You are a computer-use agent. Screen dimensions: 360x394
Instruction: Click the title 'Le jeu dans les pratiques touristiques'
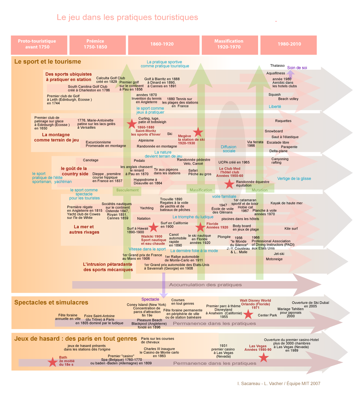tap(127, 17)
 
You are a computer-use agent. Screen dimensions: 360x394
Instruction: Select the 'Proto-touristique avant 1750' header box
tap(39, 45)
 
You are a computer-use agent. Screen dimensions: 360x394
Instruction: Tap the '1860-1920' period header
tap(164, 45)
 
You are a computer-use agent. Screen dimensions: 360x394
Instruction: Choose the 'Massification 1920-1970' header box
tap(230, 45)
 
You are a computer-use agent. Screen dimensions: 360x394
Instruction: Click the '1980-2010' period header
tap(288, 45)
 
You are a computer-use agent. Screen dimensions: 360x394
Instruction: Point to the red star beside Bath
tap(53, 362)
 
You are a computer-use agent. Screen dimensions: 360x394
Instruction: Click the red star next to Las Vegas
tap(264, 357)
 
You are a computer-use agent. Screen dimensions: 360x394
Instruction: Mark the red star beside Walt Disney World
tap(248, 314)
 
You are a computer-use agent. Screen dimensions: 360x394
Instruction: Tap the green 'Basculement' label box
tap(127, 190)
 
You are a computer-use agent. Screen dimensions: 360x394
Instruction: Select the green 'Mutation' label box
tap(260, 190)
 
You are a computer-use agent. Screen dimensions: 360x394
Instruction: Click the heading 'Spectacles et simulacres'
tap(51, 302)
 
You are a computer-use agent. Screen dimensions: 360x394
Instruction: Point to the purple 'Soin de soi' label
tap(297, 68)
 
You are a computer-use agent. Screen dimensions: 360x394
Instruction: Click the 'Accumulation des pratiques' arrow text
tap(205, 285)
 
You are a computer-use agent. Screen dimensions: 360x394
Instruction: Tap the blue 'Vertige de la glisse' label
tap(294, 178)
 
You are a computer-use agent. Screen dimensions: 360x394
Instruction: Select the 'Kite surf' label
tap(291, 228)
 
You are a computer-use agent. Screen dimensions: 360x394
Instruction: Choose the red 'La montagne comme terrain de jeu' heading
tap(57, 137)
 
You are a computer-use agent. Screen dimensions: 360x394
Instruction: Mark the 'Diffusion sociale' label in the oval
tap(229, 149)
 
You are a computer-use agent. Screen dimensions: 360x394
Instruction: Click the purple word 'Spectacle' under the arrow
tap(150, 299)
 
